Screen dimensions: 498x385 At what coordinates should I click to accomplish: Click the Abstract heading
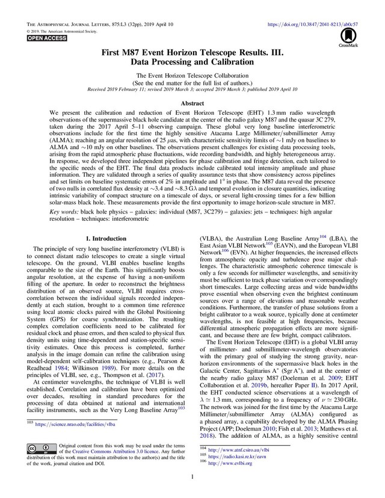pyautogui.click(x=192, y=103)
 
